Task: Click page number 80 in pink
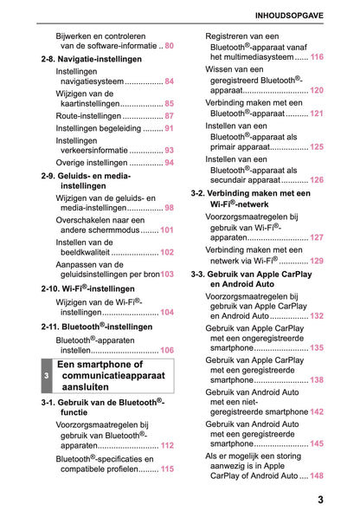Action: coord(169,45)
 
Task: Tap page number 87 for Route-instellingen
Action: coord(169,115)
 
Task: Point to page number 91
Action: coord(169,127)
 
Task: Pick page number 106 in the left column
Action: coord(167,351)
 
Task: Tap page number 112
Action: coord(167,445)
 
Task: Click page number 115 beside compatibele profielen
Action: coord(167,469)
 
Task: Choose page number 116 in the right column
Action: coord(317,56)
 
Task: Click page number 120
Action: coord(317,90)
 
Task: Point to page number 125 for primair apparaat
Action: coord(317,147)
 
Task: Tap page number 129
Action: coord(317,261)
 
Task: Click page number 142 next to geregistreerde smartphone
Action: coord(317,412)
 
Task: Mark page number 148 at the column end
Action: coord(317,476)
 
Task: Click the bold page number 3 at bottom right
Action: coord(320,499)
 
